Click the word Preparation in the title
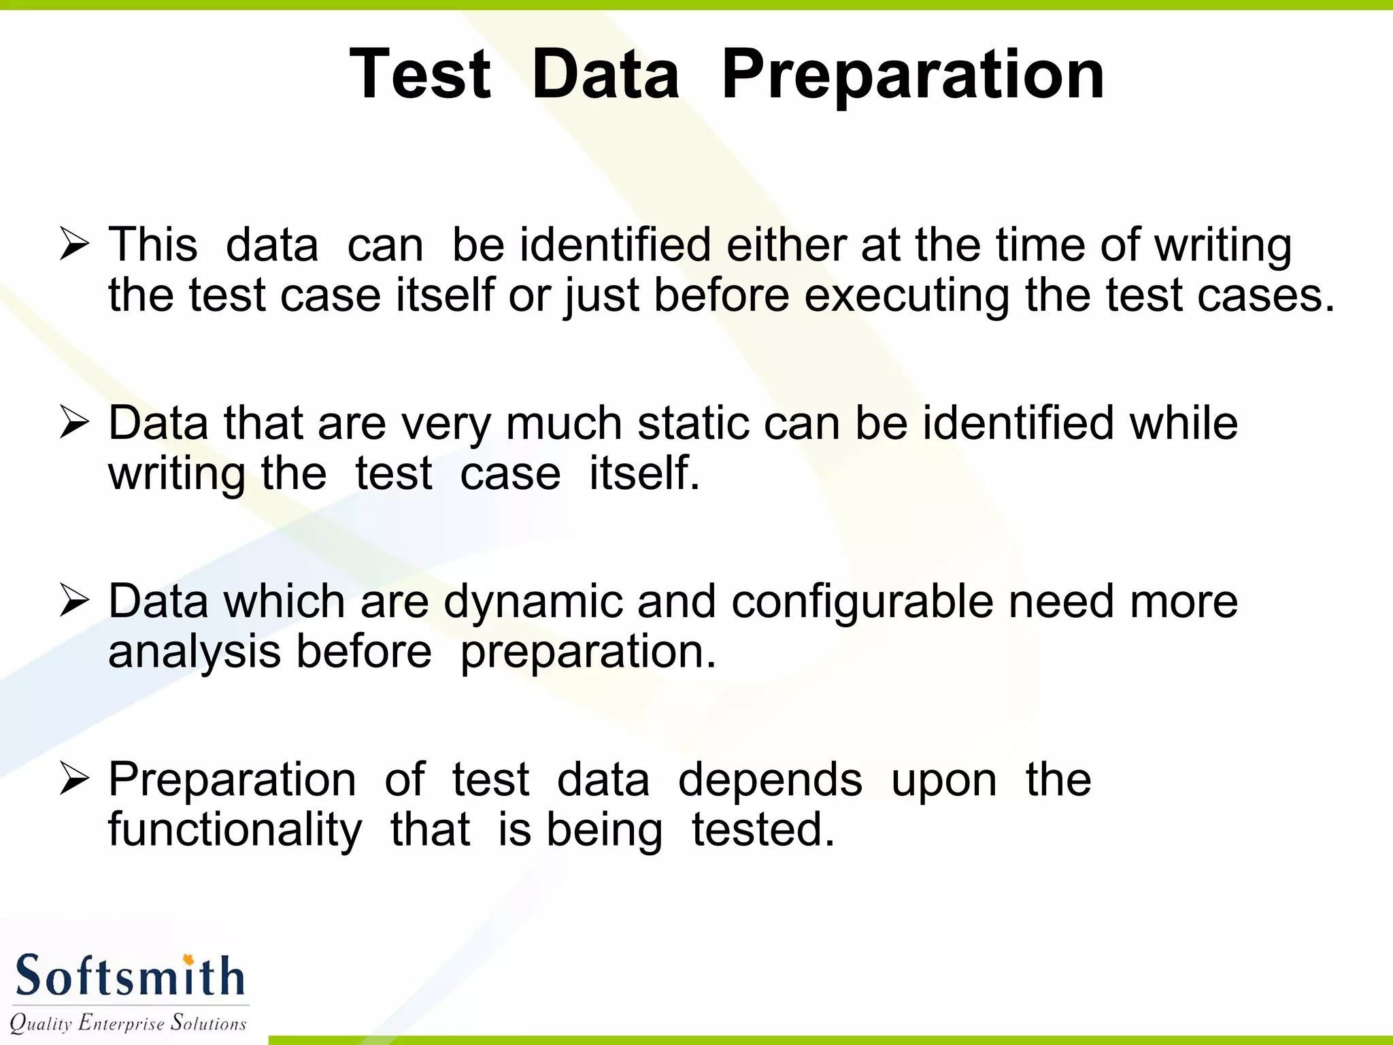(x=913, y=75)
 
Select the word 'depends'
(x=770, y=780)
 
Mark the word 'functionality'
(x=235, y=831)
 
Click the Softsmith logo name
(x=129, y=976)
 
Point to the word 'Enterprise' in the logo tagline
(x=122, y=1023)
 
